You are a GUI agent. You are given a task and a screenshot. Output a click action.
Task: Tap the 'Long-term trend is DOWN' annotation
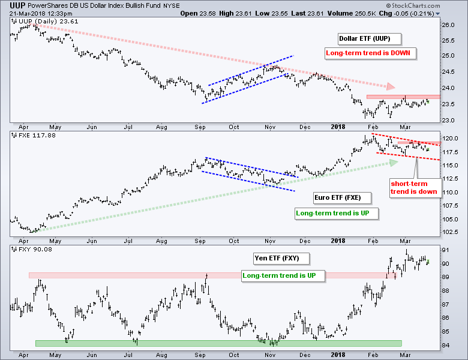tap(370, 53)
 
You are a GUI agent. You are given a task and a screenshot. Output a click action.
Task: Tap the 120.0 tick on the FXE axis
tap(451, 138)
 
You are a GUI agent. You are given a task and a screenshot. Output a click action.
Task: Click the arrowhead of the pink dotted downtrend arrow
tap(391, 87)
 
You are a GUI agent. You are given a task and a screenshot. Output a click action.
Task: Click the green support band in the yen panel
tap(218, 343)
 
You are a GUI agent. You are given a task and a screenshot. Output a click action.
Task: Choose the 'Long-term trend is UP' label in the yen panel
tap(282, 275)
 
